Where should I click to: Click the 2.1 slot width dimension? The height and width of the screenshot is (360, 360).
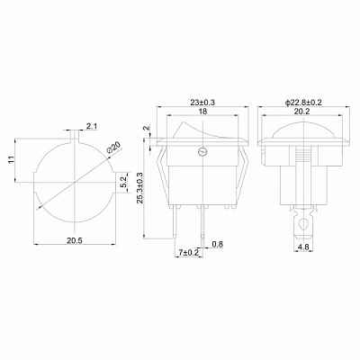91,127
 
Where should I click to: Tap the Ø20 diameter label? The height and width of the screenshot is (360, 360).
113,148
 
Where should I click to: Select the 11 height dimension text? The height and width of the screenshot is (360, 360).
11,159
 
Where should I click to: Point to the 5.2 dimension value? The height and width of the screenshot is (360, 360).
124,183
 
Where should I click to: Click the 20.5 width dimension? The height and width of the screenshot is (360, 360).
75,240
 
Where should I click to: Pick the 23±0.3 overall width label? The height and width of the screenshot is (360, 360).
202,103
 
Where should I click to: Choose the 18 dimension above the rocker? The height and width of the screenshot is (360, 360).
202,112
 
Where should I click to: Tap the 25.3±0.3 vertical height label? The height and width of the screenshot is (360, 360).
139,188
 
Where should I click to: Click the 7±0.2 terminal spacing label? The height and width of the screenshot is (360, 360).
189,253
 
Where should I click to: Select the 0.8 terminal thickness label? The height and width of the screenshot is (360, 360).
218,244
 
